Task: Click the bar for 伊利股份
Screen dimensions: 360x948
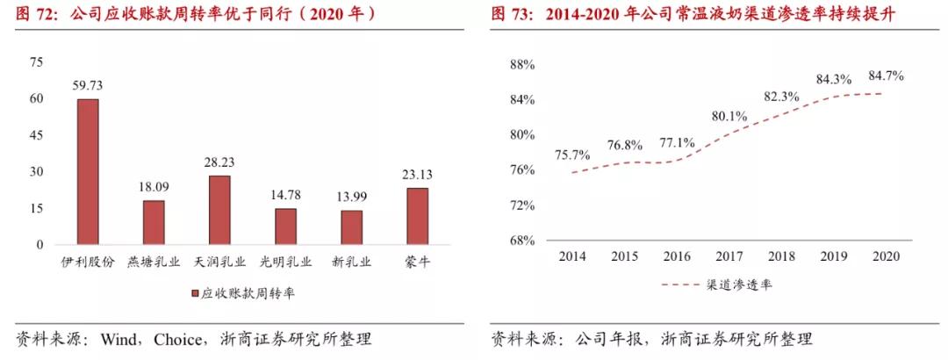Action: point(88,171)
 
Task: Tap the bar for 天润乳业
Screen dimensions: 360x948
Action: point(219,210)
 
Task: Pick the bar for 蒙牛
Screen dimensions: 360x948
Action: point(417,216)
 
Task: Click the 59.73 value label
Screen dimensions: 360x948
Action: point(88,86)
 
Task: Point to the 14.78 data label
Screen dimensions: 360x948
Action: point(285,196)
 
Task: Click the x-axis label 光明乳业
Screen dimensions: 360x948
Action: point(285,261)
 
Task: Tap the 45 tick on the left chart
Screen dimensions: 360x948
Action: point(36,135)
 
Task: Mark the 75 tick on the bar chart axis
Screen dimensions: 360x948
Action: point(36,61)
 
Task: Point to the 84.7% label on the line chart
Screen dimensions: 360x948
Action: point(884,76)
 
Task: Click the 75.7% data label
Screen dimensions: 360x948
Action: point(573,155)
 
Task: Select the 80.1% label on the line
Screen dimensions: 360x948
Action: point(729,115)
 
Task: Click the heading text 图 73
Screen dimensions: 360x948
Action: point(512,15)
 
